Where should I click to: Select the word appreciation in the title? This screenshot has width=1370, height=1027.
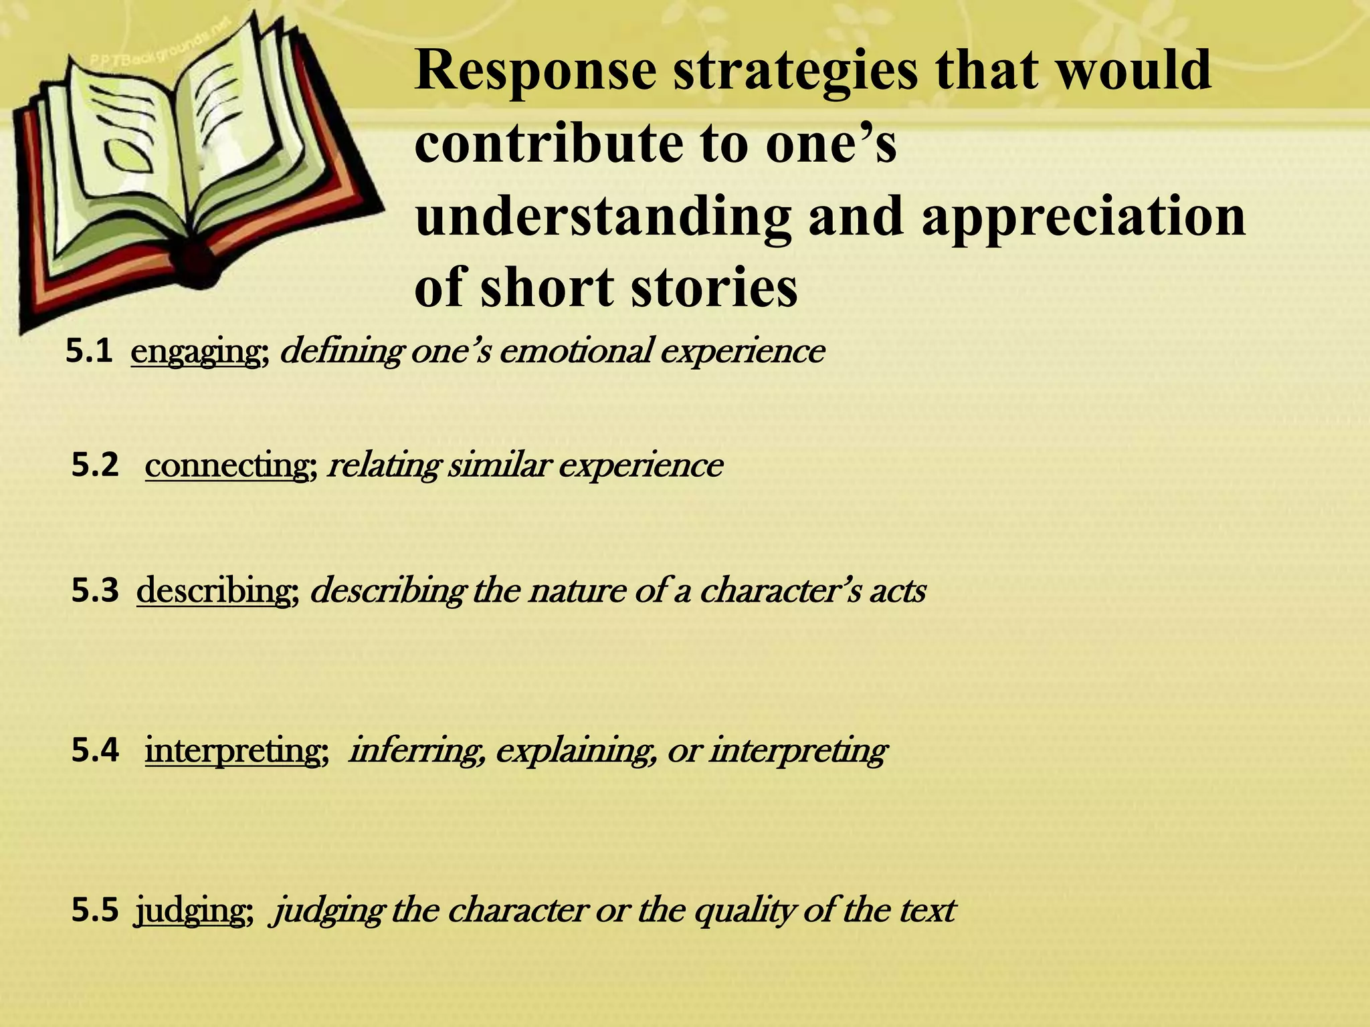click(1084, 218)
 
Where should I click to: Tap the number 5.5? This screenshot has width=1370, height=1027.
click(94, 911)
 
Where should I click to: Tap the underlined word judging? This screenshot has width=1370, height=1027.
click(190, 911)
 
